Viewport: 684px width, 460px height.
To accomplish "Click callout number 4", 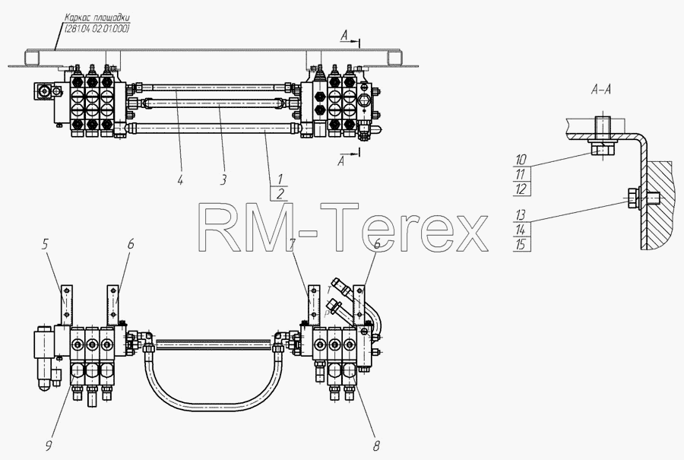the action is tap(180, 179).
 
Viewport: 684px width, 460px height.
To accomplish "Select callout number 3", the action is tap(223, 179).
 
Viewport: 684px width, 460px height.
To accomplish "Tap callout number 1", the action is tap(280, 179).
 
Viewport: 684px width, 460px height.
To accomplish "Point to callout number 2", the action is tap(280, 193).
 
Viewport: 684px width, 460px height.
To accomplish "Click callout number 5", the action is tap(45, 244).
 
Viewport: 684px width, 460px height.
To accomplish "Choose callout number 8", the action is tap(376, 446).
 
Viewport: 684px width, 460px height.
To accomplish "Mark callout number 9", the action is tap(49, 446).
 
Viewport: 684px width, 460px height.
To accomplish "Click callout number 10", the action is tap(521, 160).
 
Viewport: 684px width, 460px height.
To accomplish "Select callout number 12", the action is tap(521, 189).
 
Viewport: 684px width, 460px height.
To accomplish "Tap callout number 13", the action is tap(521, 214).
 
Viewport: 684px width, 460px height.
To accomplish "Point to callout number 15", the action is tap(521, 244).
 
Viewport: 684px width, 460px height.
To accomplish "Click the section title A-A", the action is tap(600, 90).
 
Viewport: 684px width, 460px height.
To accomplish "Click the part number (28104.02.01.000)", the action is tap(97, 29).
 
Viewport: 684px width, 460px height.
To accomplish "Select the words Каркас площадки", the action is tap(97, 18).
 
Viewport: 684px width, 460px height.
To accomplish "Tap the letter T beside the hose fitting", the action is tap(329, 290).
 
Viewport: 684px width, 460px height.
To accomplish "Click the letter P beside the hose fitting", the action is tap(326, 313).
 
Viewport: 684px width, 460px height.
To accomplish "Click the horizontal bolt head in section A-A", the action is tap(632, 199).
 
